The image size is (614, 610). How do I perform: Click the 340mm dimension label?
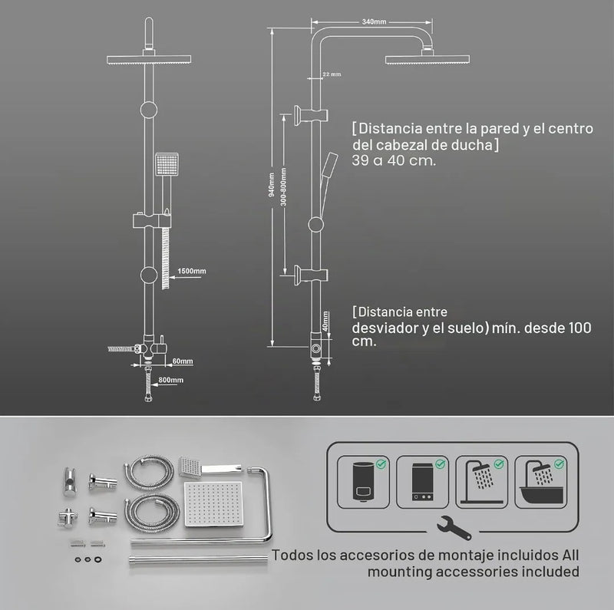tap(374, 22)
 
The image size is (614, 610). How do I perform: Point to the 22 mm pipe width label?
tap(332, 74)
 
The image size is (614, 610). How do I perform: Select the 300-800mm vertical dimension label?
tap(284, 186)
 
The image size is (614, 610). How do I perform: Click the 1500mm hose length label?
tap(191, 271)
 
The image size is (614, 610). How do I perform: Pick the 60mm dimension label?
tap(183, 361)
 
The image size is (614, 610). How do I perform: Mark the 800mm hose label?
tap(170, 380)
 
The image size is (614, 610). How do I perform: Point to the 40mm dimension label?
tap(325, 321)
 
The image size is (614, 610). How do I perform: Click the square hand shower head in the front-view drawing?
tap(167, 164)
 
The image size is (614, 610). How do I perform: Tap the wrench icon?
tap(454, 527)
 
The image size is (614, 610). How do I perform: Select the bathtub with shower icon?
tap(541, 483)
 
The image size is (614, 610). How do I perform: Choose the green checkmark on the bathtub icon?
tap(559, 464)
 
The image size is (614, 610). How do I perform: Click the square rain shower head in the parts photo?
tap(213, 504)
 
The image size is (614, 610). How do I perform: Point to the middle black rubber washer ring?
tap(87, 559)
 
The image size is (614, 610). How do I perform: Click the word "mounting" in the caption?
tap(400, 572)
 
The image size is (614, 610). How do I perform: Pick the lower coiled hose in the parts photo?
tap(151, 510)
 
